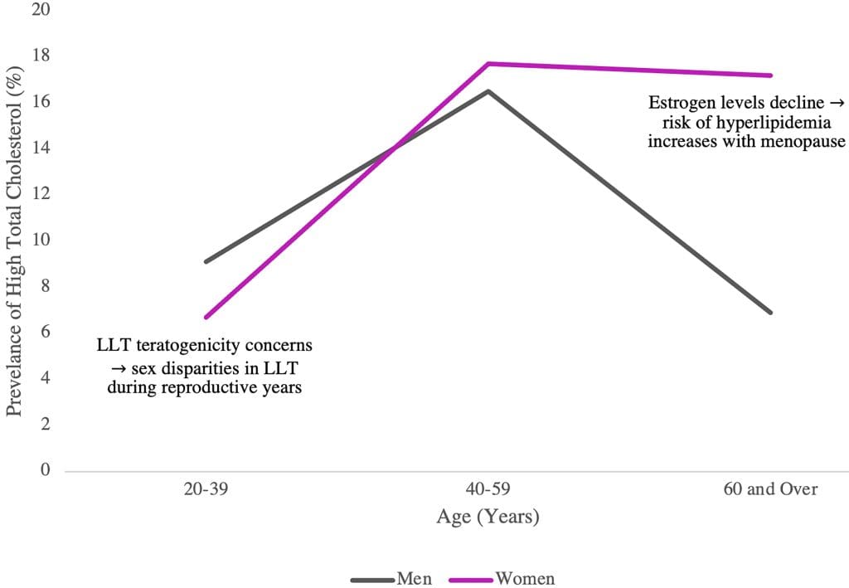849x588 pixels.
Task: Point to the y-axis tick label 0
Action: click(46, 470)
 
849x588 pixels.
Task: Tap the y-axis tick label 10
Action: click(41, 241)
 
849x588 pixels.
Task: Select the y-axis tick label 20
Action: click(41, 10)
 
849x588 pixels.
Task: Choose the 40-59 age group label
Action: click(488, 489)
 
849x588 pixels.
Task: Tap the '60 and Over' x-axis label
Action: click(771, 489)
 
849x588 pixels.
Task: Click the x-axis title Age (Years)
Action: click(488, 517)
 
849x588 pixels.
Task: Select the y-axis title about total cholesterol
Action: click(14, 241)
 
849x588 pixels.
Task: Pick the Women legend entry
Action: click(525, 578)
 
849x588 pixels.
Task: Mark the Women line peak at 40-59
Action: click(488, 64)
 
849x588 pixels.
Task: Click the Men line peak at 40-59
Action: click(488, 91)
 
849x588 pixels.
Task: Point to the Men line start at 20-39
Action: click(205, 261)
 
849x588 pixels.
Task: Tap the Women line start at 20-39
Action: click(205, 317)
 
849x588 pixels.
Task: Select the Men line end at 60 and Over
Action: click(771, 313)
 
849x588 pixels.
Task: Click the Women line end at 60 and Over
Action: click(771, 75)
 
